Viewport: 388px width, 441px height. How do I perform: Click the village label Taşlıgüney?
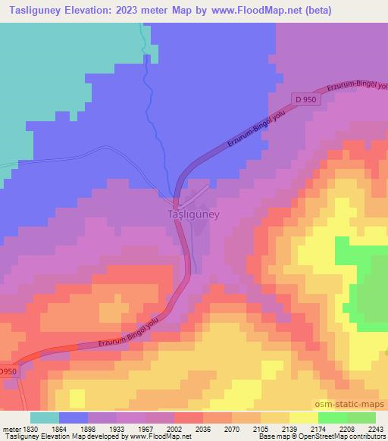(192, 214)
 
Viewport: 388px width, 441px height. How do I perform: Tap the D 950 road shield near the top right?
(307, 99)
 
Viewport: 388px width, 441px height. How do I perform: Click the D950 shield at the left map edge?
(8, 371)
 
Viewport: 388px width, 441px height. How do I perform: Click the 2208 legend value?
(348, 428)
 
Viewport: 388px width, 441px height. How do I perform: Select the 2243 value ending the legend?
(376, 428)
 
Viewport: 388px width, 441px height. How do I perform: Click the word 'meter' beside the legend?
(10, 428)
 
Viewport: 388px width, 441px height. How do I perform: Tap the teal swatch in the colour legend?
(45, 418)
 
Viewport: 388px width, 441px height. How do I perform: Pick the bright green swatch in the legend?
(332, 418)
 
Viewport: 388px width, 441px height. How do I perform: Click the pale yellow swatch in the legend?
(303, 418)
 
